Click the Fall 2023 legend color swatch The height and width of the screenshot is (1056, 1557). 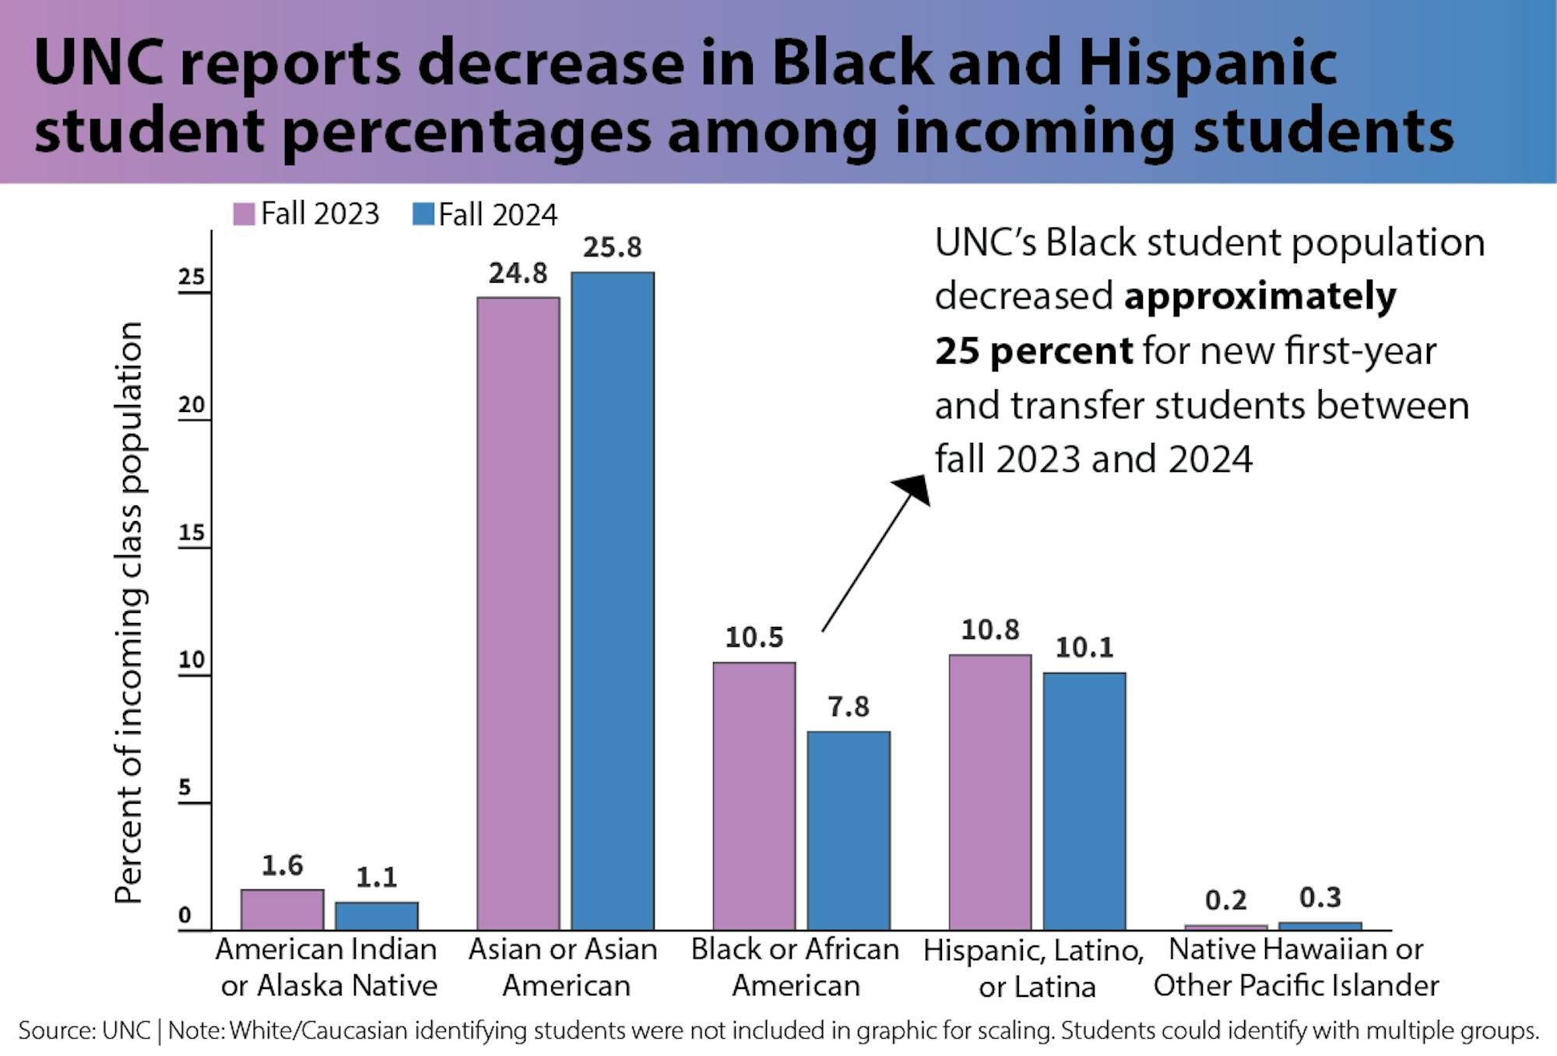(244, 214)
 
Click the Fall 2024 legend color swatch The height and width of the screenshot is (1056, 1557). (423, 214)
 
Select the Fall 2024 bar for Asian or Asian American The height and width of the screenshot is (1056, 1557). (613, 600)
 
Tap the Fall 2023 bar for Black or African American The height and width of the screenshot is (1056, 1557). (754, 795)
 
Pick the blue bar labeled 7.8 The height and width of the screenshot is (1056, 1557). (849, 830)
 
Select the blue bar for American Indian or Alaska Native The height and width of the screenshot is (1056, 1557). (377, 916)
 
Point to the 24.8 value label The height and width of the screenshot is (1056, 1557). (518, 273)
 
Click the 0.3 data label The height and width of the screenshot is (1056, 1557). (1320, 898)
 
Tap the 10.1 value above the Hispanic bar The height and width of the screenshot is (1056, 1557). (1084, 647)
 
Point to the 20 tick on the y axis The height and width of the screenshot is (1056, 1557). (192, 405)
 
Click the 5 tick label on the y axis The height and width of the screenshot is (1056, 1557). (185, 787)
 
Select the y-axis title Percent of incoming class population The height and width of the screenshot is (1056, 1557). (128, 612)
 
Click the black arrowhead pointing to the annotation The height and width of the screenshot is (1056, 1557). (915, 489)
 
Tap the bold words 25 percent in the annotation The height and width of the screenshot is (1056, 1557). (1033, 351)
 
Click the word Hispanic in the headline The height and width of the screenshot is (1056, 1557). (1207, 63)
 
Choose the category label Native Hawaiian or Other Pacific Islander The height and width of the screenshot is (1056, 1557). (1296, 968)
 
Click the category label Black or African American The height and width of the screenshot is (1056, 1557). (795, 968)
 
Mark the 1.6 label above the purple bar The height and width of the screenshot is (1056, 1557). (282, 865)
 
